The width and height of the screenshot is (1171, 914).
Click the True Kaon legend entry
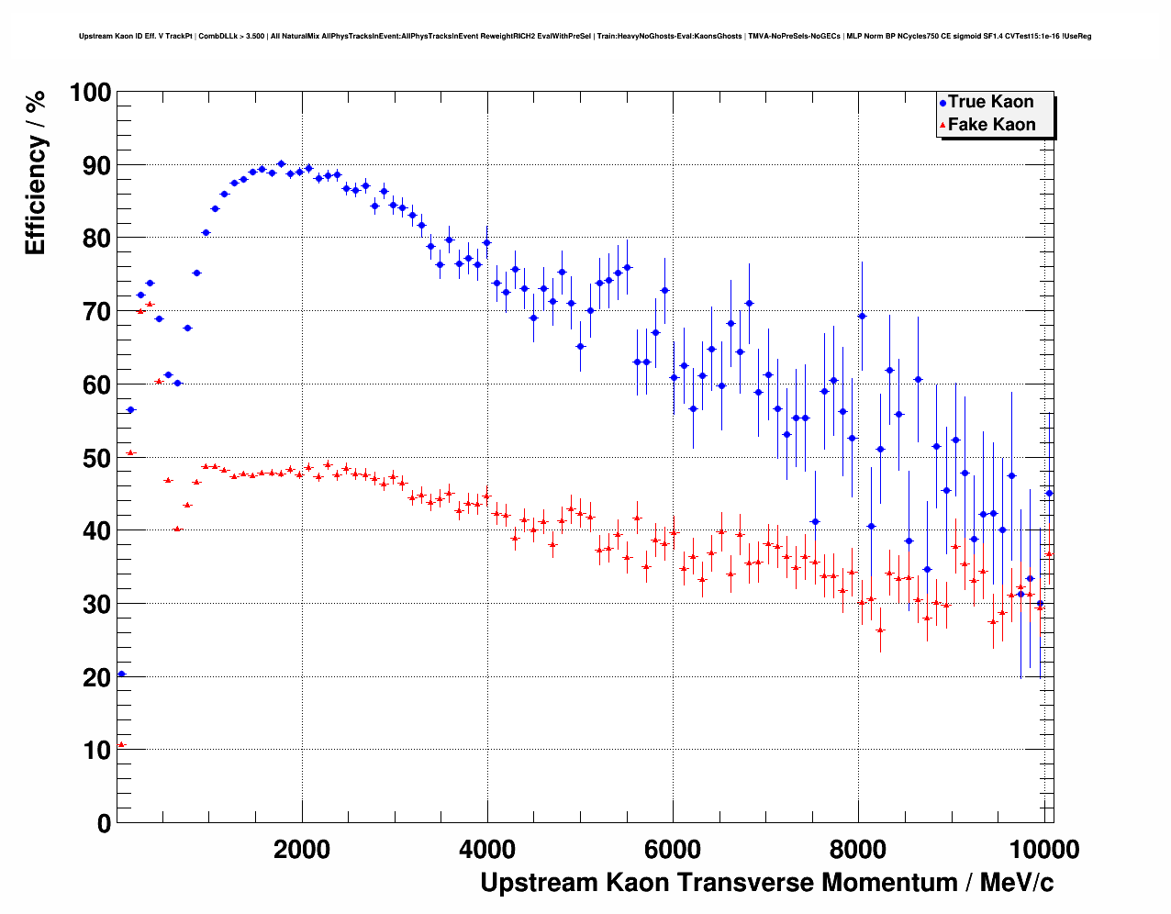[990, 102]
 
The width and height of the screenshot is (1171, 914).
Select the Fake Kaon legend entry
[991, 125]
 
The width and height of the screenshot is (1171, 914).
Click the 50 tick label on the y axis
[96, 458]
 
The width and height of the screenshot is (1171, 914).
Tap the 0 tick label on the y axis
[103, 823]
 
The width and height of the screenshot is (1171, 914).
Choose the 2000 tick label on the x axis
[302, 850]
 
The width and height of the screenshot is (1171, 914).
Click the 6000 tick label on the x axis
[673, 850]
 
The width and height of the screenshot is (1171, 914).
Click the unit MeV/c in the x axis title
[1017, 883]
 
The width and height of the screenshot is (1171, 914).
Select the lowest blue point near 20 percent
[121, 674]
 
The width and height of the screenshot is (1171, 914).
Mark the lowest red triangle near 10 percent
[121, 744]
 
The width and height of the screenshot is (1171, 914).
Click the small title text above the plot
[585, 37]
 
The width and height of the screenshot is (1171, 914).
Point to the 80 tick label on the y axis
[96, 239]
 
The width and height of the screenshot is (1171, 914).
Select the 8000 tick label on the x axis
[858, 850]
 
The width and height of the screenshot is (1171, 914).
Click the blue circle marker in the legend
[942, 103]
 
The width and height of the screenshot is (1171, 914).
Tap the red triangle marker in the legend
[942, 126]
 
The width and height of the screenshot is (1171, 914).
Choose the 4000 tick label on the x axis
[487, 850]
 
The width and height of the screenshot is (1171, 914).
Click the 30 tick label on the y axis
[96, 604]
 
